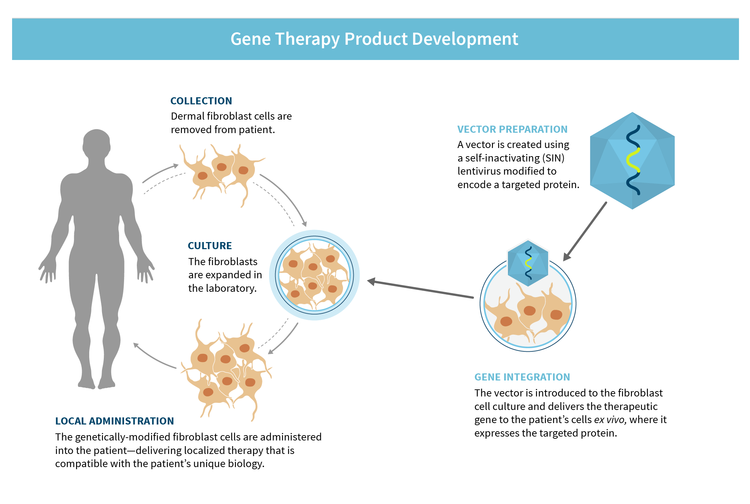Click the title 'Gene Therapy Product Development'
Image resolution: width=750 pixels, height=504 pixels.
coord(374,39)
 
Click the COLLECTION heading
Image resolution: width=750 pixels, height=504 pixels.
coord(201,101)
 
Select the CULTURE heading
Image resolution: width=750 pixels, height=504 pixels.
coord(210,246)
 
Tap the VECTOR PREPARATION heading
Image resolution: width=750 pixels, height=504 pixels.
coord(512,130)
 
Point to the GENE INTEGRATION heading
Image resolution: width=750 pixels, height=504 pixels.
coord(522,377)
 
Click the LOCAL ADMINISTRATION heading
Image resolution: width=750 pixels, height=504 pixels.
coord(114,421)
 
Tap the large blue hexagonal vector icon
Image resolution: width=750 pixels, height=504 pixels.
coord(632,161)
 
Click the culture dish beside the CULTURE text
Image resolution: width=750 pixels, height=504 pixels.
coord(314,275)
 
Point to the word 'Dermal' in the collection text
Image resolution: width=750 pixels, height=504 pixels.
coord(187,116)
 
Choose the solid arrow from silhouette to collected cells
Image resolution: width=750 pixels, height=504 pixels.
coord(160,173)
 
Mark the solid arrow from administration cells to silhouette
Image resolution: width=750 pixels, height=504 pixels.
coord(154,356)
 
